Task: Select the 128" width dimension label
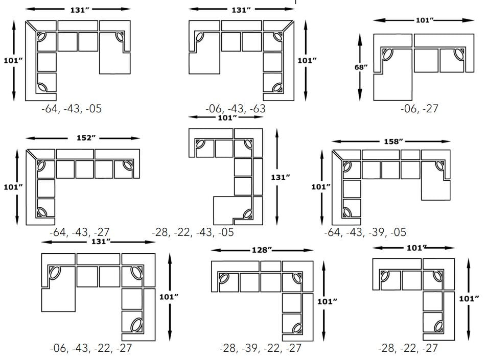(262, 250)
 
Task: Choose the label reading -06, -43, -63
(236, 109)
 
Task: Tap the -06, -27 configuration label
(420, 109)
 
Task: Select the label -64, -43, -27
(79, 232)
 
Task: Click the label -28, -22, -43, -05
(193, 232)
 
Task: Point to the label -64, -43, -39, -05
(365, 232)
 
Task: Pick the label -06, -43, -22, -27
(90, 348)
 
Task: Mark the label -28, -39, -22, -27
(260, 348)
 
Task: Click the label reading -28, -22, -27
(408, 348)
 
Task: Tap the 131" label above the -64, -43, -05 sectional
(78, 9)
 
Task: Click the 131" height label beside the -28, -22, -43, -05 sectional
(281, 177)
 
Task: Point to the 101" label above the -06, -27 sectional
(424, 20)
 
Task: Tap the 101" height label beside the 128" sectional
(327, 301)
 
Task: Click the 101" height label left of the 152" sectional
(13, 187)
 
